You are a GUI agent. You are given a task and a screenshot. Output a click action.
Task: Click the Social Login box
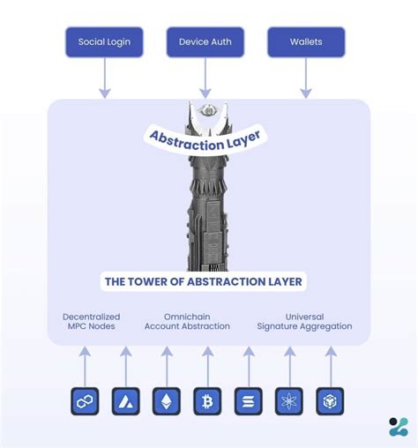(104, 41)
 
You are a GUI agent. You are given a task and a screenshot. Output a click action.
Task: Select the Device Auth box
(205, 41)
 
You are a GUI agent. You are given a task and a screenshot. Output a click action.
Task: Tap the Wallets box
(306, 41)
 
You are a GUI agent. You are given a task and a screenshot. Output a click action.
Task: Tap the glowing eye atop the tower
(209, 111)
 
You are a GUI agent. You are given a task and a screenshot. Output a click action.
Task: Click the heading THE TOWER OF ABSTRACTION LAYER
(204, 282)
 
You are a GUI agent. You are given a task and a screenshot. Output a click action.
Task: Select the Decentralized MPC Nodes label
(91, 321)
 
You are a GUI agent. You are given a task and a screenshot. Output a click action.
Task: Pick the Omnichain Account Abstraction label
(186, 321)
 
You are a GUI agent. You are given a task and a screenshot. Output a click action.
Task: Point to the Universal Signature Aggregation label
(303, 321)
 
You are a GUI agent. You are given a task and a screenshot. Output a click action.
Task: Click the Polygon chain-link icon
(85, 401)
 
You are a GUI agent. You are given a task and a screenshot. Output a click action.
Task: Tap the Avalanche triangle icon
(125, 401)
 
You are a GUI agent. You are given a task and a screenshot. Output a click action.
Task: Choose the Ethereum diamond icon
(166, 401)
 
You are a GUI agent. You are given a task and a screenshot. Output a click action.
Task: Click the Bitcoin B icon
(207, 401)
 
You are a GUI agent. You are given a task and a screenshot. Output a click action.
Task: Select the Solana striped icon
(248, 401)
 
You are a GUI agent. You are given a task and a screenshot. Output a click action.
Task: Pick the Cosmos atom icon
(288, 401)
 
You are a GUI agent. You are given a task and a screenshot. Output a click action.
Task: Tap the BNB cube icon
(330, 401)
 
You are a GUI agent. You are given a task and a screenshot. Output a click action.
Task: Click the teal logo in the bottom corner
(398, 427)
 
